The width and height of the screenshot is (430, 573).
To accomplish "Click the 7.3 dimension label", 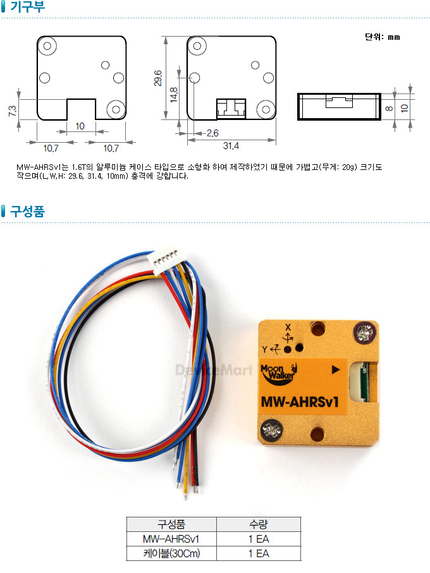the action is [x=12, y=111].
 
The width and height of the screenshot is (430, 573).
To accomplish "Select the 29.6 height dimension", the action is [x=158, y=78].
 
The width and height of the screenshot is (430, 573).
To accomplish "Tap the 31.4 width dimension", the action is [x=231, y=146].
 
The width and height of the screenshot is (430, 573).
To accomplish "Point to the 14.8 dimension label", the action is [x=174, y=95].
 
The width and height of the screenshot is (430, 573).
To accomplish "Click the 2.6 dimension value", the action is [x=212, y=133].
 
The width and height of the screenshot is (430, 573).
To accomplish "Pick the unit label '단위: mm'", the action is [x=383, y=37].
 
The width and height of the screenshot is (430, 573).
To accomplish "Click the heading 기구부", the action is [x=27, y=6].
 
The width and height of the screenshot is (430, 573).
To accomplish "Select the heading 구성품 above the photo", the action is [x=27, y=211].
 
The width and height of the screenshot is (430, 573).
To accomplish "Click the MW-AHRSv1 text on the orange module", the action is [x=300, y=402].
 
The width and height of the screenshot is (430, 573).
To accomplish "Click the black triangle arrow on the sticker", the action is [x=336, y=370].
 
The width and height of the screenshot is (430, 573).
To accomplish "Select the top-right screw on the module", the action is [x=364, y=332].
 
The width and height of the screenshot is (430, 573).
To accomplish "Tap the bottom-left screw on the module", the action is [x=271, y=430].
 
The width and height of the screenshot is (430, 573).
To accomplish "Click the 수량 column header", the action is [x=259, y=524].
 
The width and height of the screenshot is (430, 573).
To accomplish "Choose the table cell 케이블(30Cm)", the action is [x=171, y=553].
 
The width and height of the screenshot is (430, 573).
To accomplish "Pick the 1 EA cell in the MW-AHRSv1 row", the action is [x=259, y=539].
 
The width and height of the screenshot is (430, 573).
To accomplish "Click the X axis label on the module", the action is [x=288, y=327].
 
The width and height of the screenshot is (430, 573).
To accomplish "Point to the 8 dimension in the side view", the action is [x=389, y=108].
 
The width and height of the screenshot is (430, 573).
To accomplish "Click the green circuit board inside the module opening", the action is [x=364, y=382].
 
